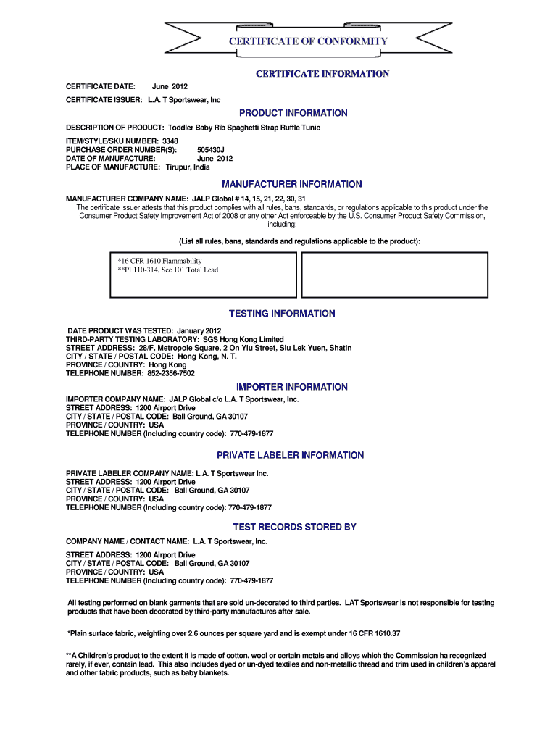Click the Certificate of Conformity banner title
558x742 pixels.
(x=308, y=41)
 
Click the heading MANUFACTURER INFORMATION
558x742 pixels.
(x=292, y=184)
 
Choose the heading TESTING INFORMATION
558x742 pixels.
(x=282, y=314)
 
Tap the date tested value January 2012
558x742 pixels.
(x=194, y=330)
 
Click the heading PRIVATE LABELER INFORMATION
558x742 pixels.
(x=291, y=455)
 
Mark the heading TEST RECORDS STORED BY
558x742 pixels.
(x=294, y=527)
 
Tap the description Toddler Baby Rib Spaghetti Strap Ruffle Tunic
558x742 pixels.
(x=244, y=128)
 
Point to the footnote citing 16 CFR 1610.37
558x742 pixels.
(x=233, y=633)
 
